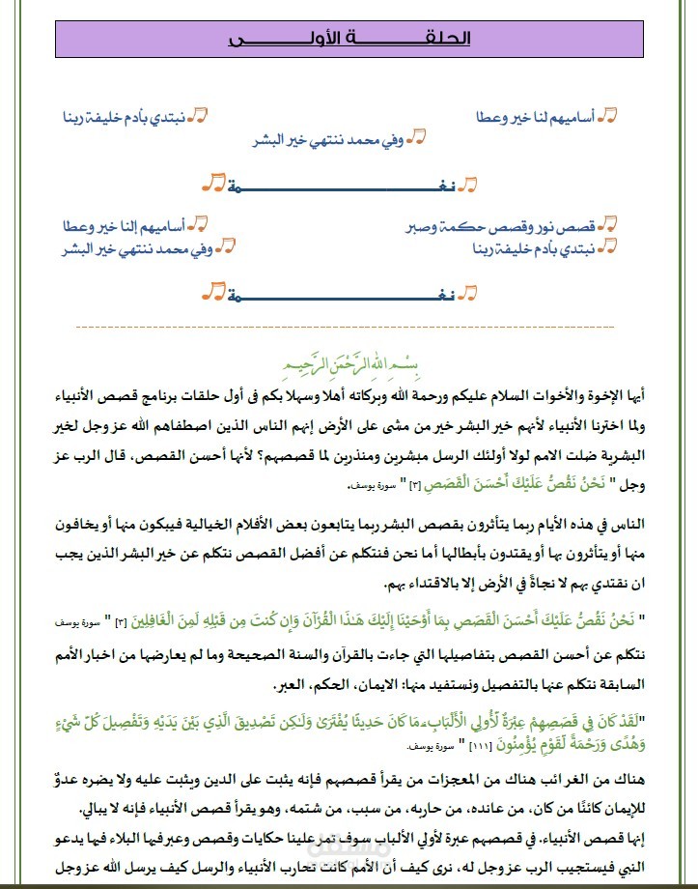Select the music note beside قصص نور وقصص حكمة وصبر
click(x=607, y=225)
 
